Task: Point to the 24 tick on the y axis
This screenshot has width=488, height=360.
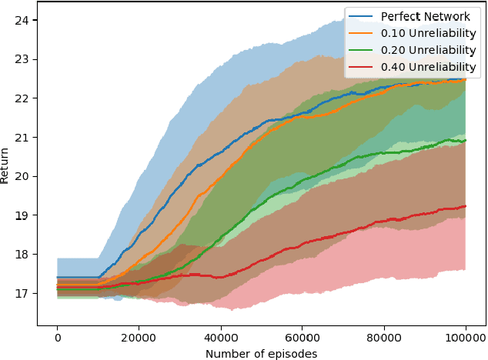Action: [x=23, y=20]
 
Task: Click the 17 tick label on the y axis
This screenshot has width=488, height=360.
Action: [x=23, y=293]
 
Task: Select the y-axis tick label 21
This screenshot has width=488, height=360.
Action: [x=23, y=137]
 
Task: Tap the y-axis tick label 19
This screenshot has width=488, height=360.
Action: [x=23, y=215]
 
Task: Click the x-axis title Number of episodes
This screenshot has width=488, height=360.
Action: [x=261, y=353]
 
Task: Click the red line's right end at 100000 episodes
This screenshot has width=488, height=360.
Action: [x=466, y=206]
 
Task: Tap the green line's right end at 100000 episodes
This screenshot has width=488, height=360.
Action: [x=466, y=141]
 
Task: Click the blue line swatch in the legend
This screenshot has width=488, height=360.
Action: [x=359, y=15]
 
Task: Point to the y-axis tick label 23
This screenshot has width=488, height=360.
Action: [x=23, y=59]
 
